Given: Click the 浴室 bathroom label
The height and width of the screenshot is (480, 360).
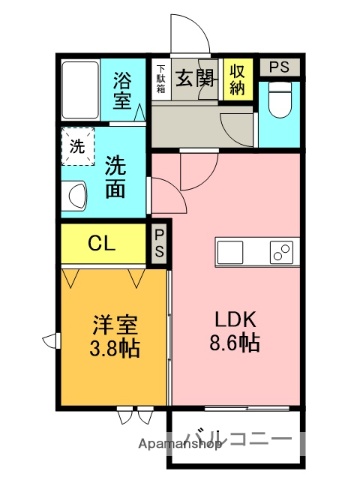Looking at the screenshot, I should pyautogui.click(x=122, y=89).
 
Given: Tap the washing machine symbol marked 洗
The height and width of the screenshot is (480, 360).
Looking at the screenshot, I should pyautogui.click(x=76, y=145).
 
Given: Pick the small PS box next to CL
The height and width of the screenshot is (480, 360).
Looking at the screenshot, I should pyautogui.click(x=160, y=244).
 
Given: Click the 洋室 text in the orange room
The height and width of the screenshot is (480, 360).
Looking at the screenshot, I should pyautogui.click(x=114, y=327).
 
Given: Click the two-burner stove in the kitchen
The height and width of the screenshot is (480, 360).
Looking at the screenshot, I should pyautogui.click(x=281, y=252).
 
